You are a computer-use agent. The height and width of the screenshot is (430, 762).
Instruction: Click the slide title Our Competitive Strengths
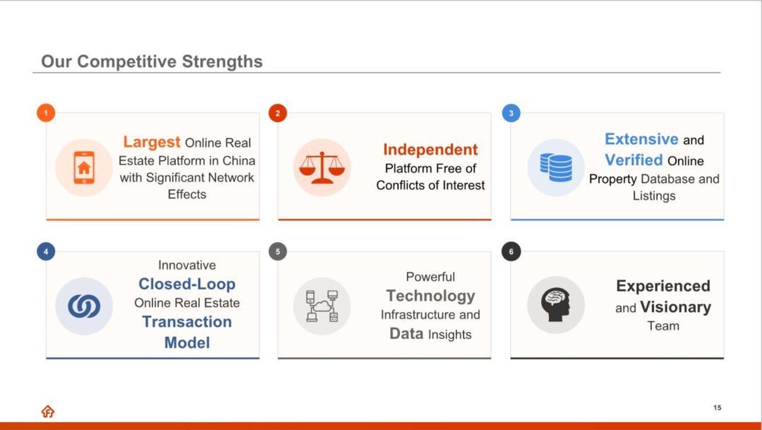(152, 61)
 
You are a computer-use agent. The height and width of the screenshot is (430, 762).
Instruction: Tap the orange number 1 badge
(46, 113)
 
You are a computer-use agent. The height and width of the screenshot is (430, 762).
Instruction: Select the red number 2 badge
(277, 113)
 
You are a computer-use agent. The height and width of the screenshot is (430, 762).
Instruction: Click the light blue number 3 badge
(511, 113)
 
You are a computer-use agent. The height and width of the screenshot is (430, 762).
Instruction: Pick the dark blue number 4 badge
(46, 251)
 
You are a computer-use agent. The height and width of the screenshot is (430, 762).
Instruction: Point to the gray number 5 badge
(277, 251)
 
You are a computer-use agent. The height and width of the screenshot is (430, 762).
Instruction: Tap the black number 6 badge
(511, 251)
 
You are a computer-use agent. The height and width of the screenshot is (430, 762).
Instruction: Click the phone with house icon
(84, 168)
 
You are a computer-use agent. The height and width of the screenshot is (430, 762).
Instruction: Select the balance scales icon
(322, 168)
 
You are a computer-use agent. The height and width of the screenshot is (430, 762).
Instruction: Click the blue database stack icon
(556, 167)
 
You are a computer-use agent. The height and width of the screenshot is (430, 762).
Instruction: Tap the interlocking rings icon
(84, 306)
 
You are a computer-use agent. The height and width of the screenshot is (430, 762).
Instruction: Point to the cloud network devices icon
(322, 306)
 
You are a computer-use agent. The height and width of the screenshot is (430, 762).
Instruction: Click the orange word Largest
(151, 142)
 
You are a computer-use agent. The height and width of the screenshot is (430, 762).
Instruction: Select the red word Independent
(430, 149)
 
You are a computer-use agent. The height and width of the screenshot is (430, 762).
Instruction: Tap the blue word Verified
(634, 160)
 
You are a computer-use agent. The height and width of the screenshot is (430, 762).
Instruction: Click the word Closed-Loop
(187, 284)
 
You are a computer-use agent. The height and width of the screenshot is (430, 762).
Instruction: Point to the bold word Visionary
(676, 307)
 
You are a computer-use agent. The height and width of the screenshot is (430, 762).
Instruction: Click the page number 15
(717, 407)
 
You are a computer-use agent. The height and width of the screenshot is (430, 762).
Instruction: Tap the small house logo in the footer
(48, 412)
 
